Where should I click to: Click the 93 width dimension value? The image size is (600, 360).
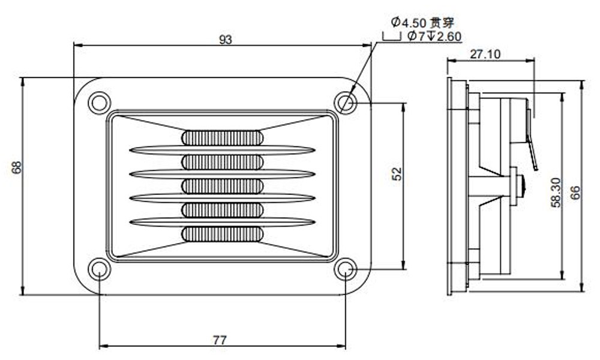[x=225, y=40]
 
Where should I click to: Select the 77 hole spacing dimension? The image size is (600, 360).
[x=220, y=340]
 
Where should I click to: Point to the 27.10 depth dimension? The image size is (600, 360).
[x=485, y=55]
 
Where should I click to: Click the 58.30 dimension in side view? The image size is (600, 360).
[x=555, y=191]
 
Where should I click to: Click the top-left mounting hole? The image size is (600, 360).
[x=98, y=103]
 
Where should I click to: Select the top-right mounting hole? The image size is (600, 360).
[x=346, y=103]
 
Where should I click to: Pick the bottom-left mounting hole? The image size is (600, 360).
[x=98, y=269]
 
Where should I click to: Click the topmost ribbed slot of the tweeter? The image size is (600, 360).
[x=222, y=138]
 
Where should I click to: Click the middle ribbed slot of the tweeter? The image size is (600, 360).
[x=222, y=186]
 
